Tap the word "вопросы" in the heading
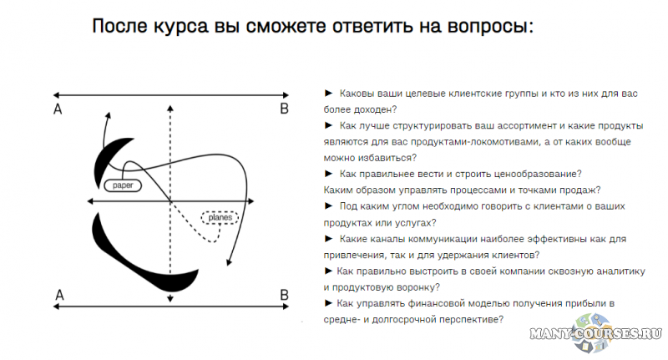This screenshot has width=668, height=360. [488, 27]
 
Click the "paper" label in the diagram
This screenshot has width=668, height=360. [123, 185]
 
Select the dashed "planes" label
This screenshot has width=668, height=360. [220, 218]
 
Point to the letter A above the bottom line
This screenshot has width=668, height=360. [59, 295]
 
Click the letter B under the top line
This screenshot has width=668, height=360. [284, 109]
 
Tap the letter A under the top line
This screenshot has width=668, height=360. [58, 109]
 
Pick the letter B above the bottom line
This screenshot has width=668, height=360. [284, 295]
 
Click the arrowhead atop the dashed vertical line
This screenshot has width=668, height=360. [170, 109]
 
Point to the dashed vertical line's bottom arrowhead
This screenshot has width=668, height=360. [170, 299]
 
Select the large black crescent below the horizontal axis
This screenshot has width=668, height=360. [140, 255]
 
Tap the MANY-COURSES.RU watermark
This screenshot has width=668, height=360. [595, 333]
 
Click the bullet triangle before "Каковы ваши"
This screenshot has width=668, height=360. [328, 94]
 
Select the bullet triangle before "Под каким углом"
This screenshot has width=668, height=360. [328, 206]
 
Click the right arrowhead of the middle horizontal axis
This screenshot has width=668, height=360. [250, 201]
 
